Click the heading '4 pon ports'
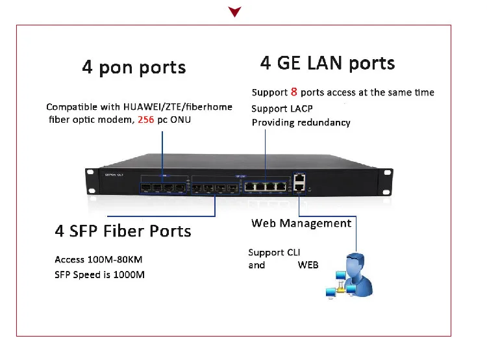[134, 68]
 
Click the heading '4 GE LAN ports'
[327, 63]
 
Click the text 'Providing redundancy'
[301, 122]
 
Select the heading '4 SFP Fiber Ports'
[123, 231]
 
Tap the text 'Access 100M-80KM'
[98, 259]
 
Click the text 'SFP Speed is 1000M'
[99, 274]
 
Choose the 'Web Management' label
[301, 223]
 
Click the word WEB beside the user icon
[308, 265]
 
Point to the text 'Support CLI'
[274, 252]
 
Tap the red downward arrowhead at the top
[235, 11]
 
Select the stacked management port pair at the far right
[299, 181]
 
